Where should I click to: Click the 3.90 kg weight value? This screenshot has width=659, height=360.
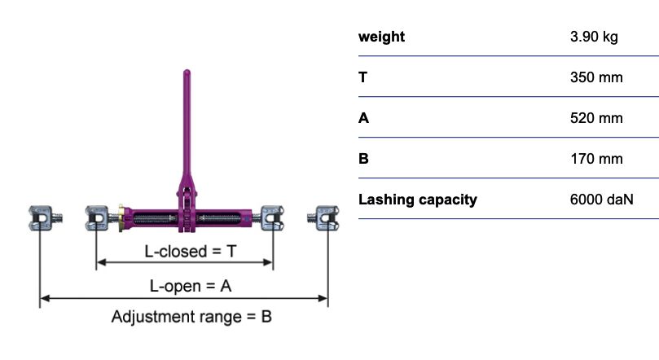click(x=596, y=37)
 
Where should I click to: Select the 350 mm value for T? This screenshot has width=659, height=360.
click(x=597, y=77)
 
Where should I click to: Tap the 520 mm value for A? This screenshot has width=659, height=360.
click(x=597, y=118)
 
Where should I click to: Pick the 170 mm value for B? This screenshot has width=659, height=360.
click(x=597, y=159)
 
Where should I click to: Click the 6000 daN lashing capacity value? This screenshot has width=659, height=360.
click(x=602, y=200)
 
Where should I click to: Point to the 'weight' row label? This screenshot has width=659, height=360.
click(x=381, y=37)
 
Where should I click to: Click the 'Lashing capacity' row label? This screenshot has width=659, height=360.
click(x=418, y=200)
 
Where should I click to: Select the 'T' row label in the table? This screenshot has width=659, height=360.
click(x=362, y=77)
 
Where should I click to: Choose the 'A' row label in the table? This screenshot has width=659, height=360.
click(x=363, y=118)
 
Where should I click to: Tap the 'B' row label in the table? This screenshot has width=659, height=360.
click(x=363, y=159)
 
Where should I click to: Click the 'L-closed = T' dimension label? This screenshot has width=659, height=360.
click(x=191, y=252)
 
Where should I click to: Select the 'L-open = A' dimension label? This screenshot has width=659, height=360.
click(x=191, y=287)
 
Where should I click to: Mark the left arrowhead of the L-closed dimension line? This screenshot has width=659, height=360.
click(x=99, y=263)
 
